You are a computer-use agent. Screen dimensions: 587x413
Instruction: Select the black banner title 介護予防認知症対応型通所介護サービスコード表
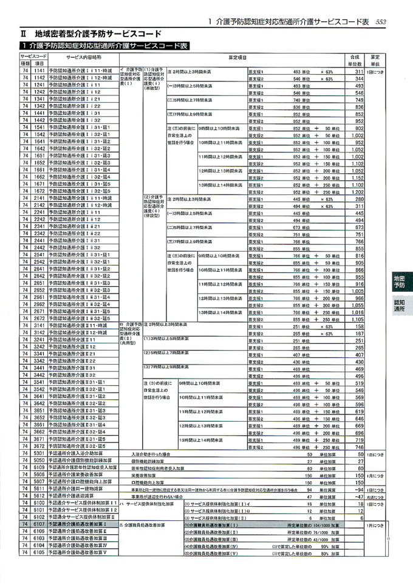(x=104, y=46)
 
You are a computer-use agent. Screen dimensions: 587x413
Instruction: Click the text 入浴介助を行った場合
(x=151, y=453)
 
